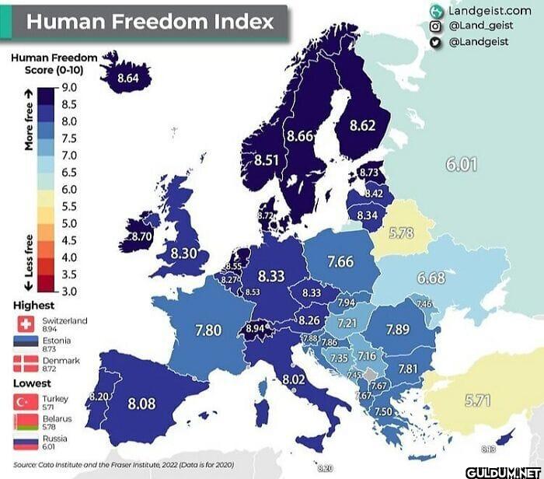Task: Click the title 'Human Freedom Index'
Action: [x=150, y=21]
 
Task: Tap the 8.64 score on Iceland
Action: [x=127, y=78]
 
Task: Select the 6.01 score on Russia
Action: [x=461, y=164]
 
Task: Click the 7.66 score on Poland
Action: [x=340, y=262]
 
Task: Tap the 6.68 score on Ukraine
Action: [x=431, y=278]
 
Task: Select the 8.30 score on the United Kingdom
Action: [x=183, y=253]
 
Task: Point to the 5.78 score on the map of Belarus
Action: [x=400, y=233]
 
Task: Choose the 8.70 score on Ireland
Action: [x=141, y=236]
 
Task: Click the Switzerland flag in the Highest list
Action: [x=23, y=323]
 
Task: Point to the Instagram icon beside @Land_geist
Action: [x=435, y=26]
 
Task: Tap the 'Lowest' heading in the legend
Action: [x=33, y=383]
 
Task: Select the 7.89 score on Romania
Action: [x=397, y=330]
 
